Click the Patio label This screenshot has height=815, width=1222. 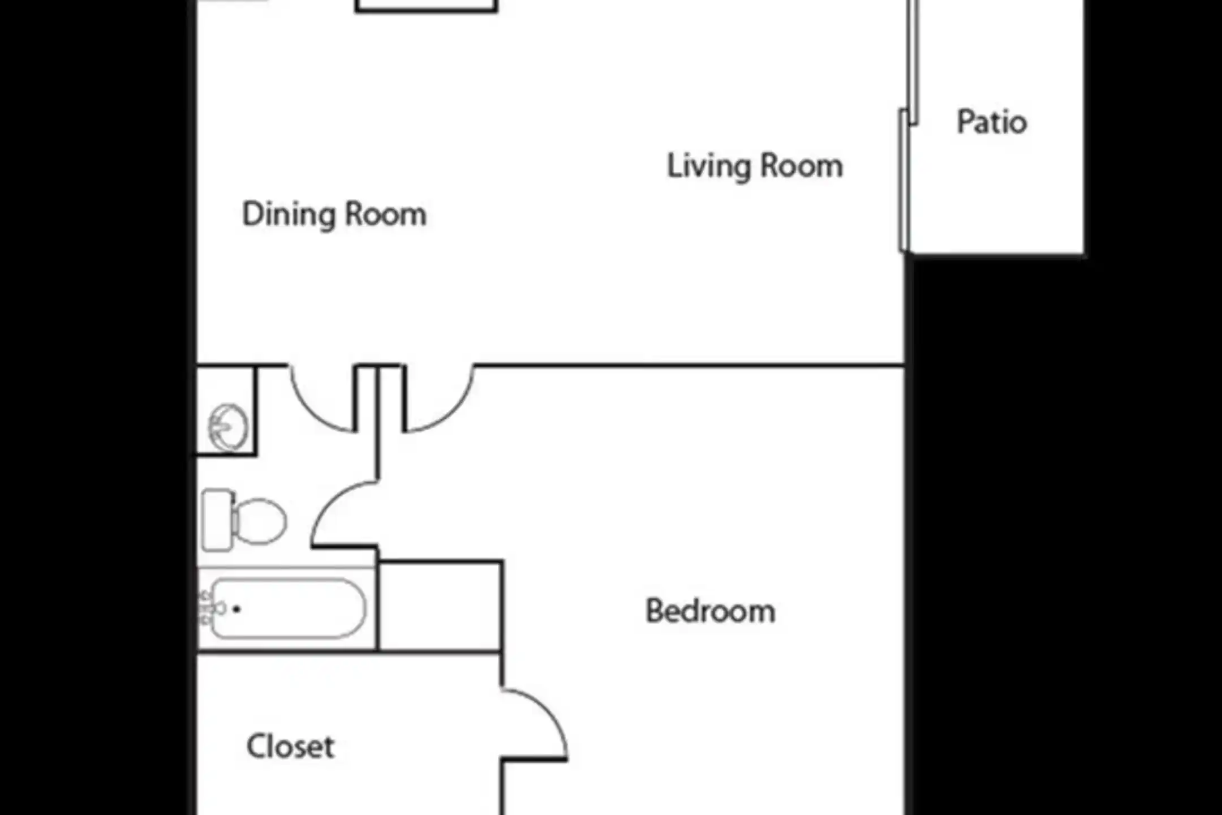992,122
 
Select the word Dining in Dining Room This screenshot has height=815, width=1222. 289,215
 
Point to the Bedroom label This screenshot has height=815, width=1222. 710,611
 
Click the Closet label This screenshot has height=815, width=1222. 290,747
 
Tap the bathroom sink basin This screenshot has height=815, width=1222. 228,427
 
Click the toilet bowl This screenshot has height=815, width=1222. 259,521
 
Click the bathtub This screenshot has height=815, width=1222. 289,608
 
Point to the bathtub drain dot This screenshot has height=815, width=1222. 236,610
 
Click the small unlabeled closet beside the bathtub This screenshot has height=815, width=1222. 440,606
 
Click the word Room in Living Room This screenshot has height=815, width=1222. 801,166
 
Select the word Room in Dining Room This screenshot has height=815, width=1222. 385,215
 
